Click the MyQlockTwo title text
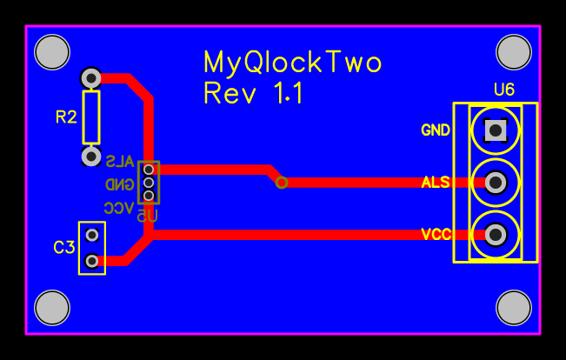292,63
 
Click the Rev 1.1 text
253,93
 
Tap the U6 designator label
503,90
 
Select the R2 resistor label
66,117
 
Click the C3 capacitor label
64,248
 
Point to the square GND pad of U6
496,130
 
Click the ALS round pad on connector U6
496,183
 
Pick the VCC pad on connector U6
496,235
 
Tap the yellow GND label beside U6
436,130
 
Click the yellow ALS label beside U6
436,183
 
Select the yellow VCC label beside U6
436,235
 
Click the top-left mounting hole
51,51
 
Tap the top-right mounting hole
513,51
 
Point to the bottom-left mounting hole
51,308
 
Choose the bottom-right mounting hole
513,308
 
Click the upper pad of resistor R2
91,77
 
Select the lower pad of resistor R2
91,157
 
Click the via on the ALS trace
281,183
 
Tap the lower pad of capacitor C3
91,260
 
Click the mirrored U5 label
148,215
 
